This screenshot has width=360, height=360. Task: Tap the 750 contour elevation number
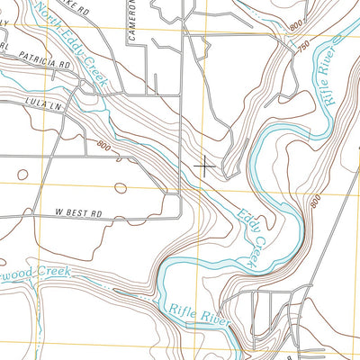click(x=306, y=43)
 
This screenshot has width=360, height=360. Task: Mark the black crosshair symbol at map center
click(x=205, y=165)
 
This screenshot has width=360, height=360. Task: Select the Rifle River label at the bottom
click(x=200, y=315)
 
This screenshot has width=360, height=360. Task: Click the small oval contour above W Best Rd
click(x=121, y=187)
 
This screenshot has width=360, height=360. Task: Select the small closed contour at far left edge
click(x=22, y=172)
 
